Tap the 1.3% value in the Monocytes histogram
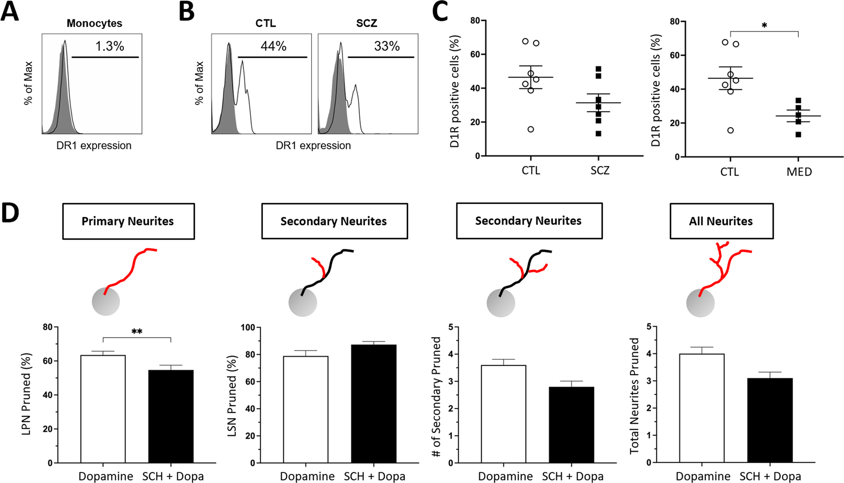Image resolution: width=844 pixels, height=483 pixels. tap(110, 46)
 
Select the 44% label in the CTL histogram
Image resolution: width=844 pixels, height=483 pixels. tap(273, 46)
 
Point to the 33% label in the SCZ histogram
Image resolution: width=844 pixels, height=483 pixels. tap(387, 46)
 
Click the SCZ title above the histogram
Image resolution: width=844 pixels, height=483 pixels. tap(366, 23)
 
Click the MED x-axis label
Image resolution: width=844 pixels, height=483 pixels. tap(799, 172)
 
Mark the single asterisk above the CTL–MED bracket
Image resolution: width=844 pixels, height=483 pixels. tap(764, 25)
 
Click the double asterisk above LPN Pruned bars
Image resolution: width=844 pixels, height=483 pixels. tap(137, 332)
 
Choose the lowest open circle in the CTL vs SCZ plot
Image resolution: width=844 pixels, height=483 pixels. tap(531, 129)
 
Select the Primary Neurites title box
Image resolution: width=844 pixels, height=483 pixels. tap(128, 221)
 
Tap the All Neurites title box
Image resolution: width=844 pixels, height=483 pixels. tap(721, 221)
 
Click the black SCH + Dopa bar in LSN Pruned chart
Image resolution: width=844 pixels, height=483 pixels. tap(374, 404)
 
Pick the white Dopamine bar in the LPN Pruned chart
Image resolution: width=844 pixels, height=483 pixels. tap(103, 408)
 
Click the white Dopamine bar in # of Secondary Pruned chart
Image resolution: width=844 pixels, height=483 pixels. tap(503, 414)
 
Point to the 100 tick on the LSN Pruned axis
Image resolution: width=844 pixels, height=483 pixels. tap(248, 328)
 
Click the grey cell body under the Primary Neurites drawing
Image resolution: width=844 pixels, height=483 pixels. tap(106, 302)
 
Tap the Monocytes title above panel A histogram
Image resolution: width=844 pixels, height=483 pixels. tap(94, 23)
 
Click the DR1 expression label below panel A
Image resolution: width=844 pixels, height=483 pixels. tap(94, 145)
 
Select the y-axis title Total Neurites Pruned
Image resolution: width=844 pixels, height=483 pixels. tap(634, 395)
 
